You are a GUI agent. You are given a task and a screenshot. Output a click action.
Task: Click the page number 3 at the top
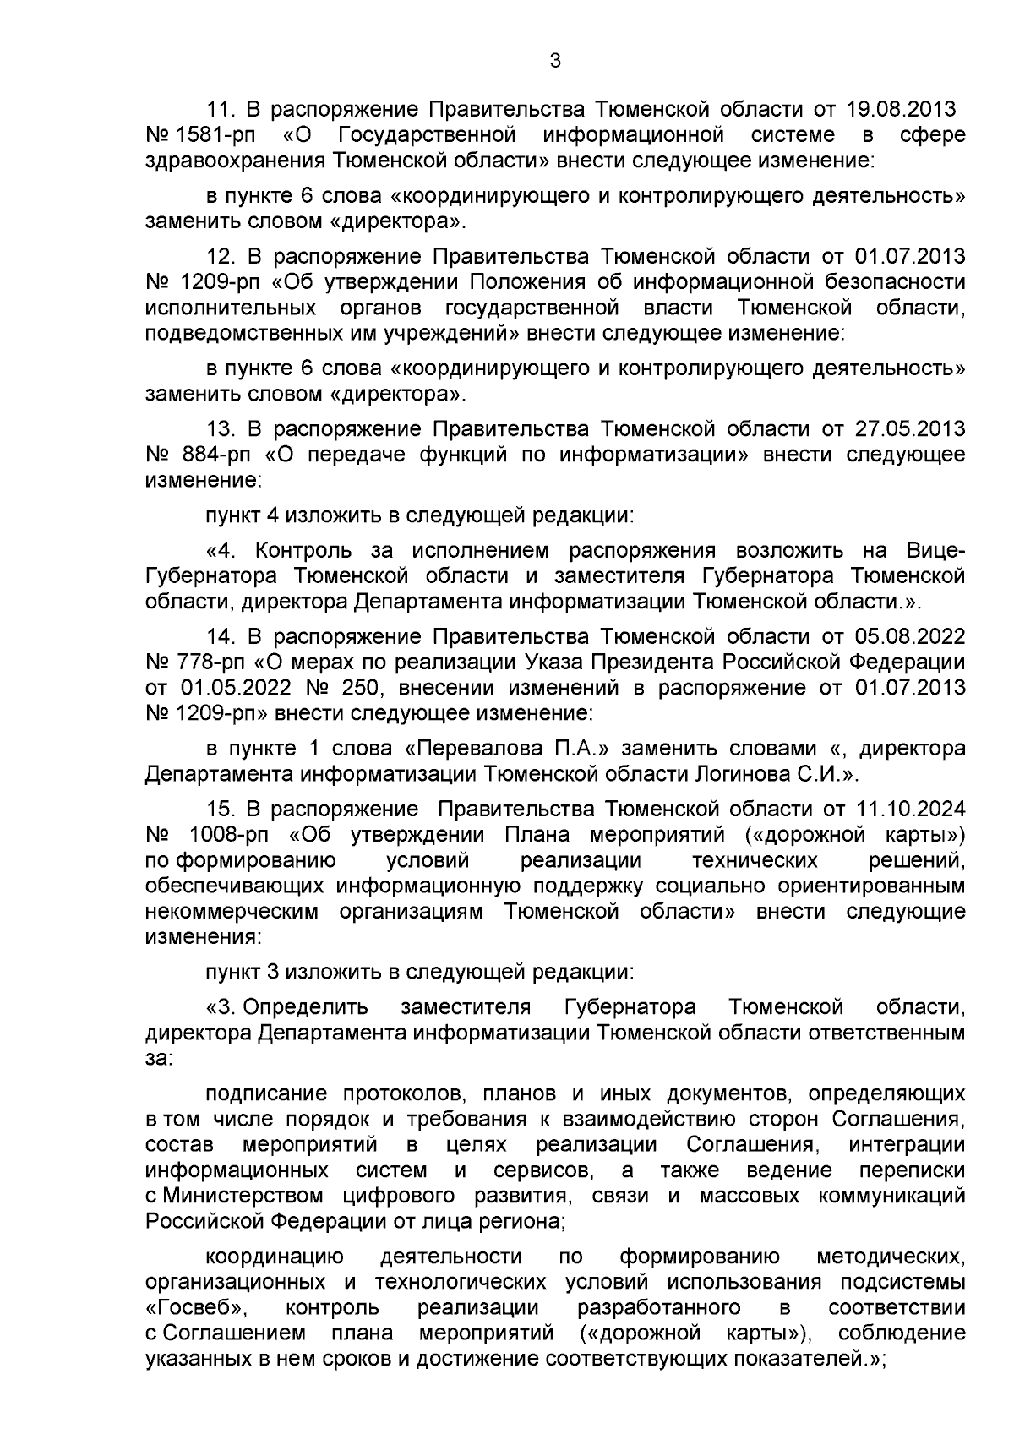pos(554,61)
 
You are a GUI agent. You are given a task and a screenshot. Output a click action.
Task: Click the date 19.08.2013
pos(902,110)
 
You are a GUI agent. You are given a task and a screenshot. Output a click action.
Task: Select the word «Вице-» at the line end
pos(935,551)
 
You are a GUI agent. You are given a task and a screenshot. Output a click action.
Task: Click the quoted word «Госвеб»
pos(197,1308)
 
